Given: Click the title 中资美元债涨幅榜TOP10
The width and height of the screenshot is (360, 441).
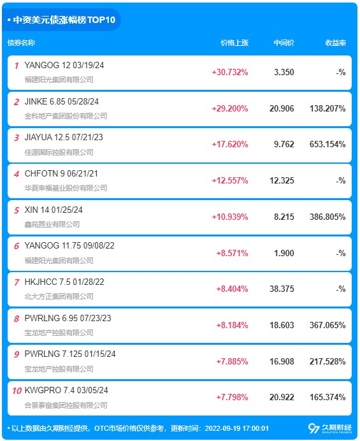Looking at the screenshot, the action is tap(64, 20).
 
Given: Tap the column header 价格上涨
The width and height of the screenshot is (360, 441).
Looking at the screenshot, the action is tap(234, 43).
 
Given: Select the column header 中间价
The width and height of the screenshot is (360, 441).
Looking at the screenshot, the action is tap(284, 43).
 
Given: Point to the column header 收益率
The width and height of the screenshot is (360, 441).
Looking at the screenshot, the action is tap(336, 43).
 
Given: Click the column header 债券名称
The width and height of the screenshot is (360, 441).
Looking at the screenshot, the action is tap(22, 43).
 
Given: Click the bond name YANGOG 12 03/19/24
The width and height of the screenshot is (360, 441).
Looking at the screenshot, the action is tap(64, 65).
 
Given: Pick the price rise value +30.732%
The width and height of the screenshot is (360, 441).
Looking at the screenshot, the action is tap(230, 72).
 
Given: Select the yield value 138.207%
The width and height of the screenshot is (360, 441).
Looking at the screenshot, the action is tap(328, 108).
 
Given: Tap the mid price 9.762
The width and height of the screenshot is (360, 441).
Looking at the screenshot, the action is tap(284, 144).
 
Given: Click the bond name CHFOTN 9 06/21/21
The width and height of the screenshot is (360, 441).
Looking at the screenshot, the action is tap(61, 173).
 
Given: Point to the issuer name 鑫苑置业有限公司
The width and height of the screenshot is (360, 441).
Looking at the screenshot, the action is tap(52, 224).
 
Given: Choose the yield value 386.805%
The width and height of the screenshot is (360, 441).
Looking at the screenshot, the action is tap(328, 217).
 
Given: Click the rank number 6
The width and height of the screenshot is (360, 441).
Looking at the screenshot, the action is tap(17, 246).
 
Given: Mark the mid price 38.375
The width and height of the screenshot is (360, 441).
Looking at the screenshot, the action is tap(282, 289).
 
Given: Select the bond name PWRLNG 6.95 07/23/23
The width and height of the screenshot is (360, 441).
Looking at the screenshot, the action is tap(68, 318).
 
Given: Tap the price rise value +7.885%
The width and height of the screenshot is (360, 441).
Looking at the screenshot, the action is tap(233, 361).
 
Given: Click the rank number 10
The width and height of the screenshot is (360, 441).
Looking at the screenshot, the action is tap(17, 391).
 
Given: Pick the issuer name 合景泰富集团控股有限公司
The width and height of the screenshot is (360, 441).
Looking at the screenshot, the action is tap(66, 405).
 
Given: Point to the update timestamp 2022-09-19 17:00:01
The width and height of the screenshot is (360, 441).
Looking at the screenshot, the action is tap(237, 428).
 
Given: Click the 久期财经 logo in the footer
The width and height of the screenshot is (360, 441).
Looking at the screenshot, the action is tap(330, 428).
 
